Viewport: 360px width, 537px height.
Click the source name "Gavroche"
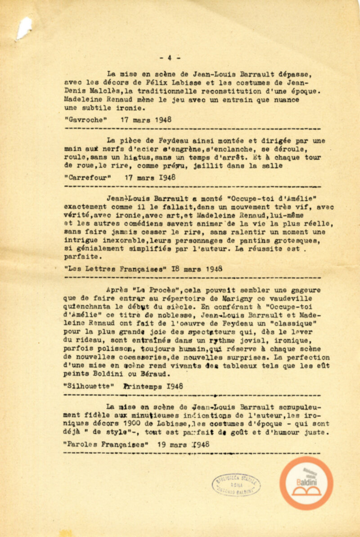(87, 120)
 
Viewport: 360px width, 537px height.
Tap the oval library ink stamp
(236, 484)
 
